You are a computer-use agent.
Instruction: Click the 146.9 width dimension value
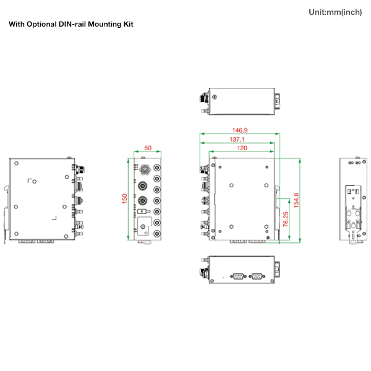(239, 130)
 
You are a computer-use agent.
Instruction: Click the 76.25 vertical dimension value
(285, 220)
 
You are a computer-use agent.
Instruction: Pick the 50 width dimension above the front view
(148, 148)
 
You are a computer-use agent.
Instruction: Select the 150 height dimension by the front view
(125, 199)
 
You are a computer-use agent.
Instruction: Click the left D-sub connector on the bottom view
(237, 277)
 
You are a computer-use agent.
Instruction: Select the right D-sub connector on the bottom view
(257, 277)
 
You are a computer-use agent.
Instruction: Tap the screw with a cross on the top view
(215, 97)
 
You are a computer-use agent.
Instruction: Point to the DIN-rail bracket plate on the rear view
(354, 208)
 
